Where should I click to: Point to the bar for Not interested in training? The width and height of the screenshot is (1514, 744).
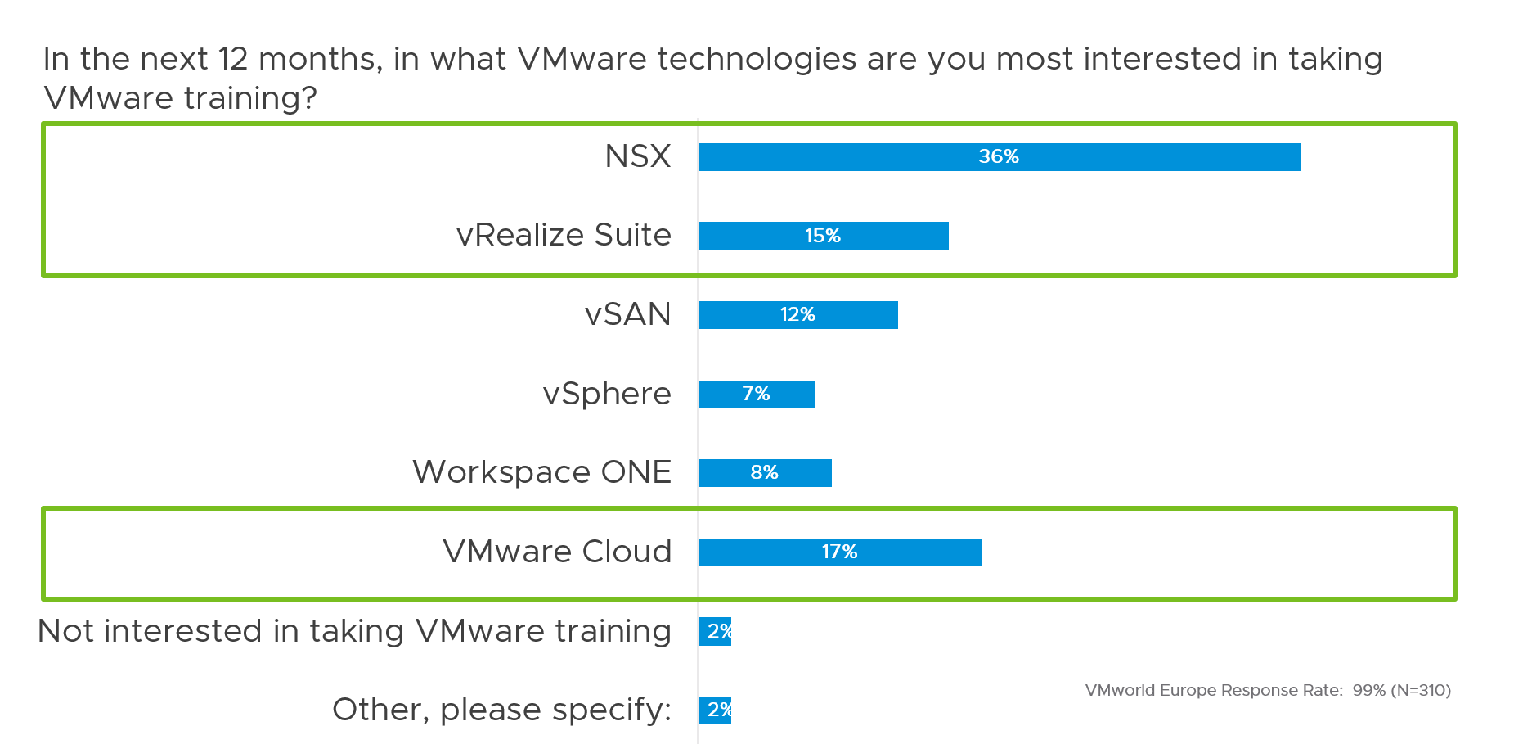click(714, 631)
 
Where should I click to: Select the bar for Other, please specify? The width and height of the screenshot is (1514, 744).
click(714, 710)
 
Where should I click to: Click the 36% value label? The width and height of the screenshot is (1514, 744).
click(999, 156)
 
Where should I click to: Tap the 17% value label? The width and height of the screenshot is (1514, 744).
click(839, 552)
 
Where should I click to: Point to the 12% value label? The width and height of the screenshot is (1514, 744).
click(797, 314)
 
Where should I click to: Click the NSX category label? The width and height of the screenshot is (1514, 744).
click(638, 156)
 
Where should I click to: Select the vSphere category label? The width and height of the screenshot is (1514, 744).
click(607, 394)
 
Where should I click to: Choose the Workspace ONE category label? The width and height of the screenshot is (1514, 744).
click(541, 472)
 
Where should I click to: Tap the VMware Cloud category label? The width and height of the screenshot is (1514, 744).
click(557, 552)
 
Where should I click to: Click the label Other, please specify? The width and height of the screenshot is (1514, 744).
click(501, 710)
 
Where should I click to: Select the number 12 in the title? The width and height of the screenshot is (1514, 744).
click(232, 59)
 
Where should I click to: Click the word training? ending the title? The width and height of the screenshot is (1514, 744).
click(250, 98)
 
